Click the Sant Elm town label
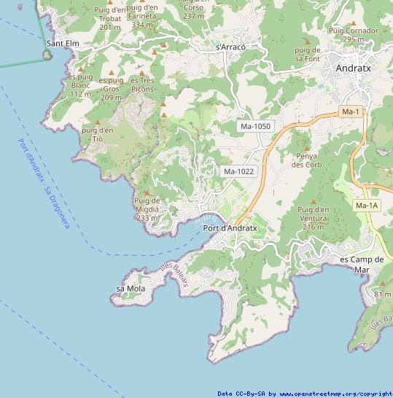62,44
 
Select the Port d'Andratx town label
230,228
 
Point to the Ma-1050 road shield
255,126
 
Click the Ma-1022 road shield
238,171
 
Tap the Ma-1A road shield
367,206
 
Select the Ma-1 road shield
351,112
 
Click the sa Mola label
131,289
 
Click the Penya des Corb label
306,160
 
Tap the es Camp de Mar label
362,264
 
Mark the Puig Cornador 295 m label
354,35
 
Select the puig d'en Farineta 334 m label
147,16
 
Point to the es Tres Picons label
142,85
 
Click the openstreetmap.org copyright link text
335,394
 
